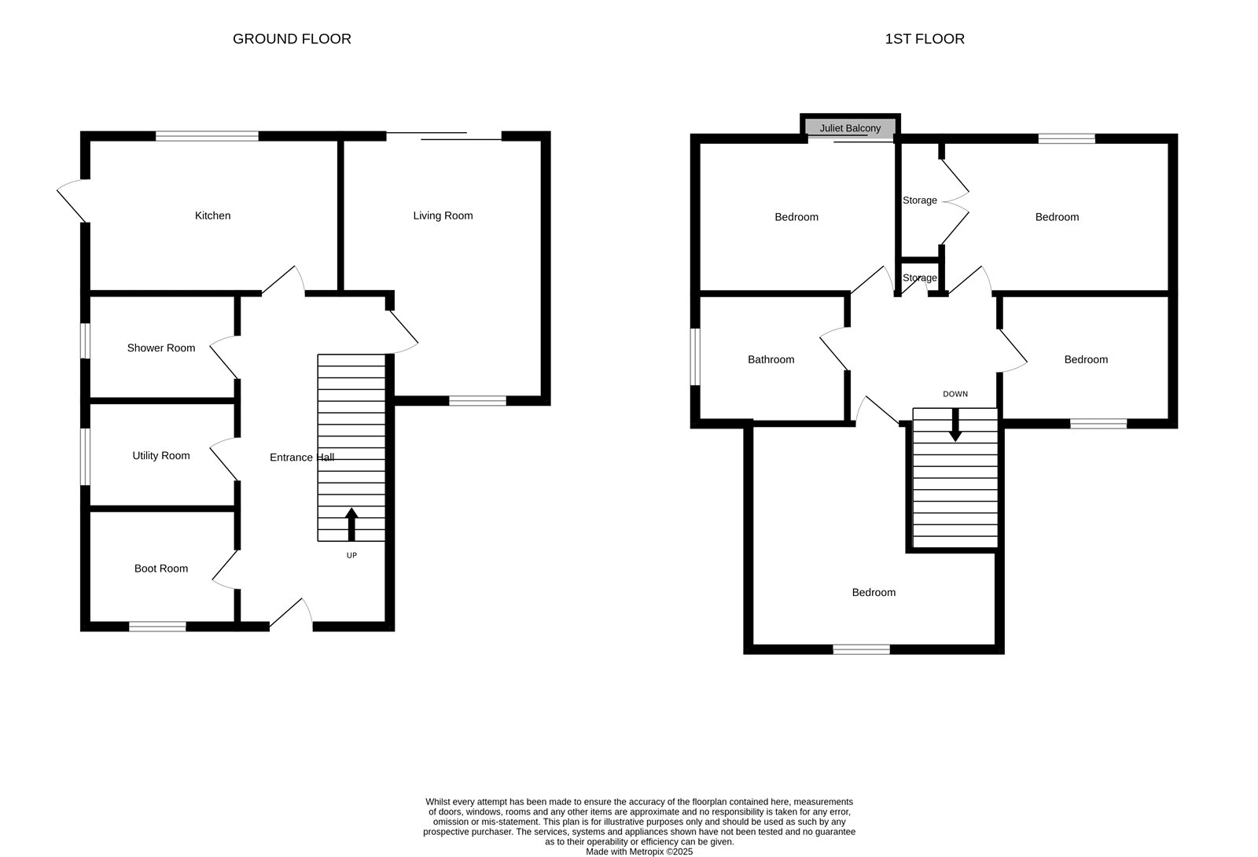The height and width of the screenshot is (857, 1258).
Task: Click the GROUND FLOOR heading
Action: (x=292, y=39)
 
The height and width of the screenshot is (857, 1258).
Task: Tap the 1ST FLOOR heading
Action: (x=925, y=39)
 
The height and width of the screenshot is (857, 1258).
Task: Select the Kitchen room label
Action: (x=212, y=215)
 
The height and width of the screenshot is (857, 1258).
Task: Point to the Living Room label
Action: (x=443, y=215)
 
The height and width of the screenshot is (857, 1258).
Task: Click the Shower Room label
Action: (x=161, y=348)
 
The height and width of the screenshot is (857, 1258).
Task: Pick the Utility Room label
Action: (x=161, y=455)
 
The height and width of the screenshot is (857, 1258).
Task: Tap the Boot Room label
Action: (x=161, y=568)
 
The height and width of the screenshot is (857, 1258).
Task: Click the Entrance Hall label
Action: (x=302, y=458)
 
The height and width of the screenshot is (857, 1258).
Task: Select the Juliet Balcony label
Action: (x=850, y=128)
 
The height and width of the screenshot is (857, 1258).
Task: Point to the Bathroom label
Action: (x=771, y=359)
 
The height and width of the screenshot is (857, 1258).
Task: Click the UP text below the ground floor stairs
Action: (x=351, y=555)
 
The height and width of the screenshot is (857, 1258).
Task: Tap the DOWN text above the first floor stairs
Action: (x=955, y=394)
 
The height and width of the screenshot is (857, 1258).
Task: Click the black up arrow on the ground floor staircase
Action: (x=351, y=524)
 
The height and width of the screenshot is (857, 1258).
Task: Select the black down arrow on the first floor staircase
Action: (x=955, y=425)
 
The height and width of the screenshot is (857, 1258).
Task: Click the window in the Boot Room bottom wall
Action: (x=157, y=626)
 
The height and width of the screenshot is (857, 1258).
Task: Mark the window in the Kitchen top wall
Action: (x=207, y=136)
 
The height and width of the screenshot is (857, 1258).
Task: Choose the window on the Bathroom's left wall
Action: (x=695, y=357)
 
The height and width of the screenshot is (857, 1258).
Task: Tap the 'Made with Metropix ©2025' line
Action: (x=639, y=851)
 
